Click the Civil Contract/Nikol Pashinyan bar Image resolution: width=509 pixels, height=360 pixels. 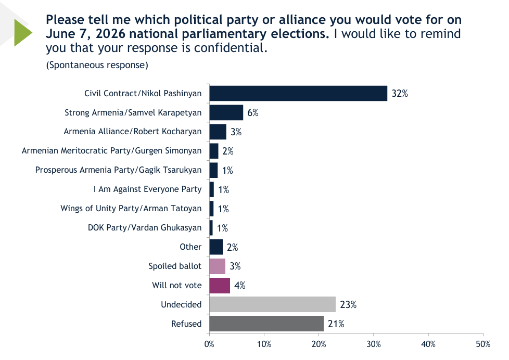coord(298,94)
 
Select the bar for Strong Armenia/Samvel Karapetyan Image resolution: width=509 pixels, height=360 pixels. coord(226,113)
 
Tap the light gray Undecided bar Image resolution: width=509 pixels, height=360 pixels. coord(272,304)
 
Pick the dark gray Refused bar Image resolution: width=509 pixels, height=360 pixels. coord(266,324)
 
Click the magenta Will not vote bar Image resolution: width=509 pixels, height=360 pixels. coord(220,285)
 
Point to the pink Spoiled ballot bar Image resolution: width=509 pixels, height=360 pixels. coord(218,266)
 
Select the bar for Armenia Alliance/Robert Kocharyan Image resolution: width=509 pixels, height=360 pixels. coord(218,132)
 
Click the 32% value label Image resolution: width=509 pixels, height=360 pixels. coord(400,94)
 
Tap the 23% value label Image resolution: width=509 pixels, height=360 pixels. coord(348,304)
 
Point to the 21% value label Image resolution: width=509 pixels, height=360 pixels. coord(336,324)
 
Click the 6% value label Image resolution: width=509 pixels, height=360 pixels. coord(253,113)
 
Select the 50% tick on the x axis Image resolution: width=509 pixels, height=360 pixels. coord(483,344)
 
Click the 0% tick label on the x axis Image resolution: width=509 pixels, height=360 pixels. coord(209,344)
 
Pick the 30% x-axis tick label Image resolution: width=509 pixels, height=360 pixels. coord(374,344)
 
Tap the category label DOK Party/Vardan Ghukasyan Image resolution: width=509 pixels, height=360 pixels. coord(145,227)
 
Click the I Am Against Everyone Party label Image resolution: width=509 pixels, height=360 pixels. coord(147,189)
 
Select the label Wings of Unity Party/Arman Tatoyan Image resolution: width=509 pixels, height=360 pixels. coord(131,209)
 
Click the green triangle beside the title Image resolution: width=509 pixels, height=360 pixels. coord(21,32)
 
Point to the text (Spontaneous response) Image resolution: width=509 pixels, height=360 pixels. coord(97,65)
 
